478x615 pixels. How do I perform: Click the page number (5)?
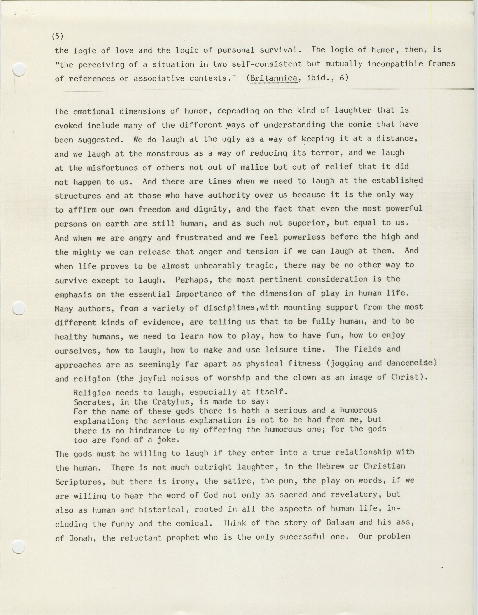[58, 36]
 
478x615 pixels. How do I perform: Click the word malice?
[255, 167]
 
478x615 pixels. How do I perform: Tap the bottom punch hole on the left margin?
[19, 547]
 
